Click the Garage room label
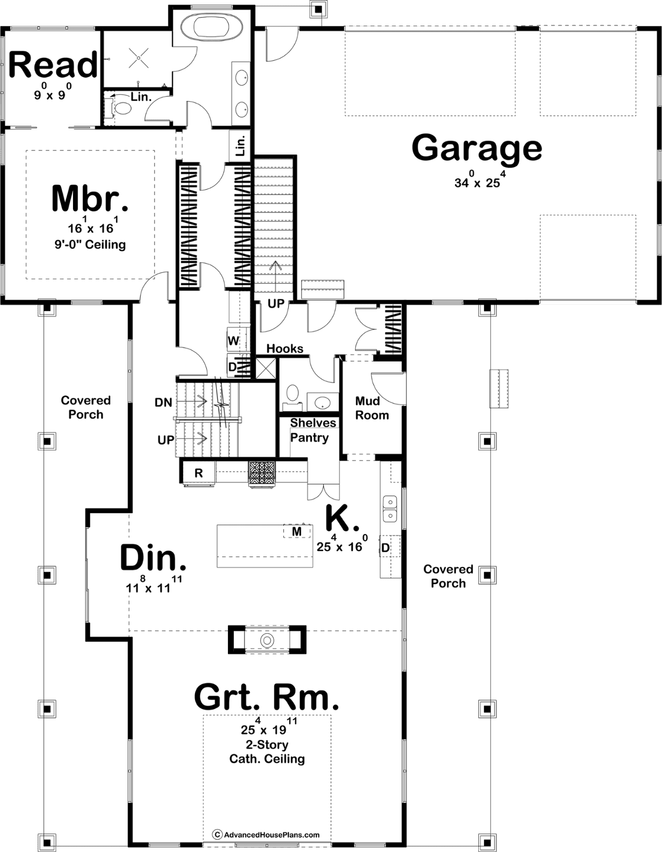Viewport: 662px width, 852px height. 477,148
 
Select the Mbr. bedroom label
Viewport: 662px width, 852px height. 90,199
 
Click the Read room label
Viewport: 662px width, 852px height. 53,64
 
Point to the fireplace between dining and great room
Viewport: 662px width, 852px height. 267,640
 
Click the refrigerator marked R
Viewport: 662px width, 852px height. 199,473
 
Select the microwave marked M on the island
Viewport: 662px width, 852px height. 297,531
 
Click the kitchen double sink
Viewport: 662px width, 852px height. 390,508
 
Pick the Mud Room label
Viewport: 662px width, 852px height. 372,408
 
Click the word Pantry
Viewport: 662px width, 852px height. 309,438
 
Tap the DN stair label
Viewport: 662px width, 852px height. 164,402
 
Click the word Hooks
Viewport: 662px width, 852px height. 285,349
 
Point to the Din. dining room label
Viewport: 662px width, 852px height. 153,558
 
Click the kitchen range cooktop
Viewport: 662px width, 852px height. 262,473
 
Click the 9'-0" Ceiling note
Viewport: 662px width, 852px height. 90,244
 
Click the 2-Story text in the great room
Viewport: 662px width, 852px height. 267,744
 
